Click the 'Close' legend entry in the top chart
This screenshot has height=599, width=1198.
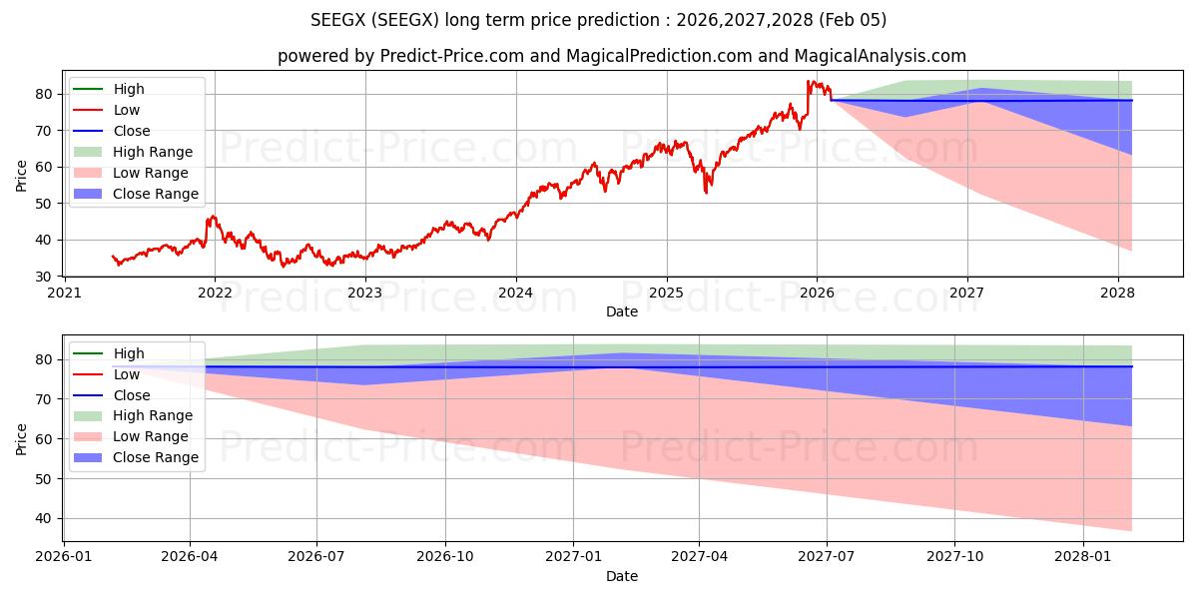coord(132,131)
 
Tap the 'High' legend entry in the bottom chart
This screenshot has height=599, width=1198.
coord(129,353)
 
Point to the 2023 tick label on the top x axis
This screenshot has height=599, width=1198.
coord(364,293)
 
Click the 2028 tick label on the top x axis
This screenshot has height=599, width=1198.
coord(1117,293)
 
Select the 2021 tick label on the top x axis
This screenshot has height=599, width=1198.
coord(64,293)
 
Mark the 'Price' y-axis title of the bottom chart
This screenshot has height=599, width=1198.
coord(22,438)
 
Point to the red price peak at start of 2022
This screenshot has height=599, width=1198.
coord(212,217)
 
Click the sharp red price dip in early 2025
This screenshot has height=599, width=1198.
coord(707,191)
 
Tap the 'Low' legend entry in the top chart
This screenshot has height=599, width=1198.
coord(127,110)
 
